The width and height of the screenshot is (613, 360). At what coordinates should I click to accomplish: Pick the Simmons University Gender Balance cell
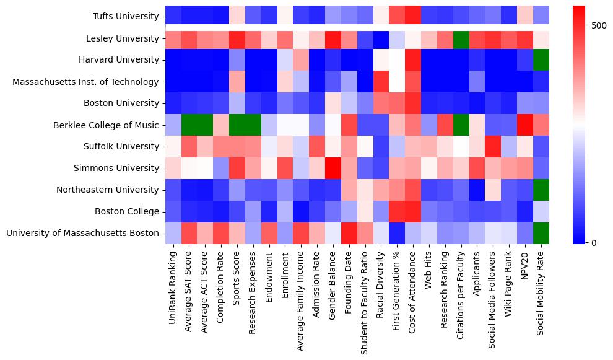[333, 168]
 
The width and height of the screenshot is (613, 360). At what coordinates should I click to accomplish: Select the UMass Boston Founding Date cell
[349, 233]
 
